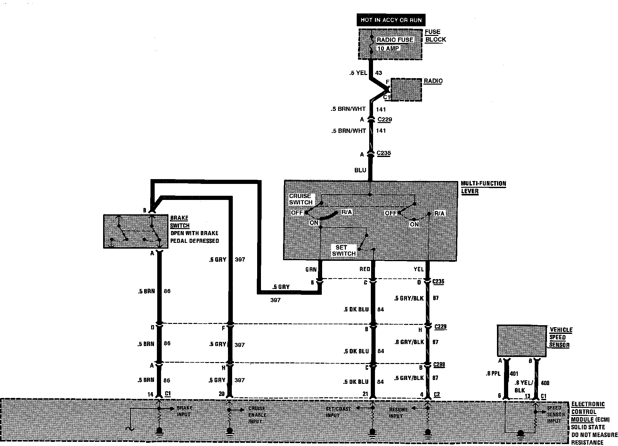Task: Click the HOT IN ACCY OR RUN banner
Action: point(391,20)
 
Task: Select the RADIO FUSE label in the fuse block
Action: point(395,40)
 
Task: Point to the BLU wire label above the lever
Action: point(360,170)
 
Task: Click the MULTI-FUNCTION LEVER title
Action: point(483,187)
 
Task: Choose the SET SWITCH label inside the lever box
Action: point(343,251)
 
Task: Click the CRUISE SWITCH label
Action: point(300,199)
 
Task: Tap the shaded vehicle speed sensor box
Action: point(522,341)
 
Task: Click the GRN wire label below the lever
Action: point(311,269)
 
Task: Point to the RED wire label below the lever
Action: point(365,269)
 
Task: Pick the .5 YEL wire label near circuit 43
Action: point(358,73)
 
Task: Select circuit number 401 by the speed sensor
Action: point(513,374)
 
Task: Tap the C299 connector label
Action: point(439,365)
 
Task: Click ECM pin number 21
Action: point(365,394)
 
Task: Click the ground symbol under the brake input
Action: point(159,431)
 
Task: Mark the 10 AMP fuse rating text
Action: point(388,49)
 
